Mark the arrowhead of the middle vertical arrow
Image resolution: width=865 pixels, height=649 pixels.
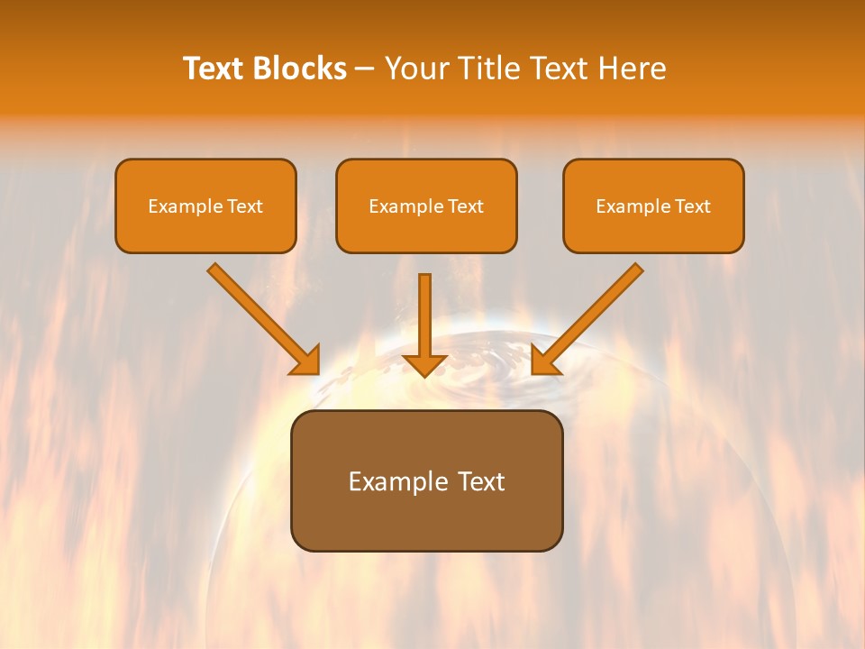coord(424,364)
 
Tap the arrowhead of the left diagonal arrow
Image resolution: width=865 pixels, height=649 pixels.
coord(306,361)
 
